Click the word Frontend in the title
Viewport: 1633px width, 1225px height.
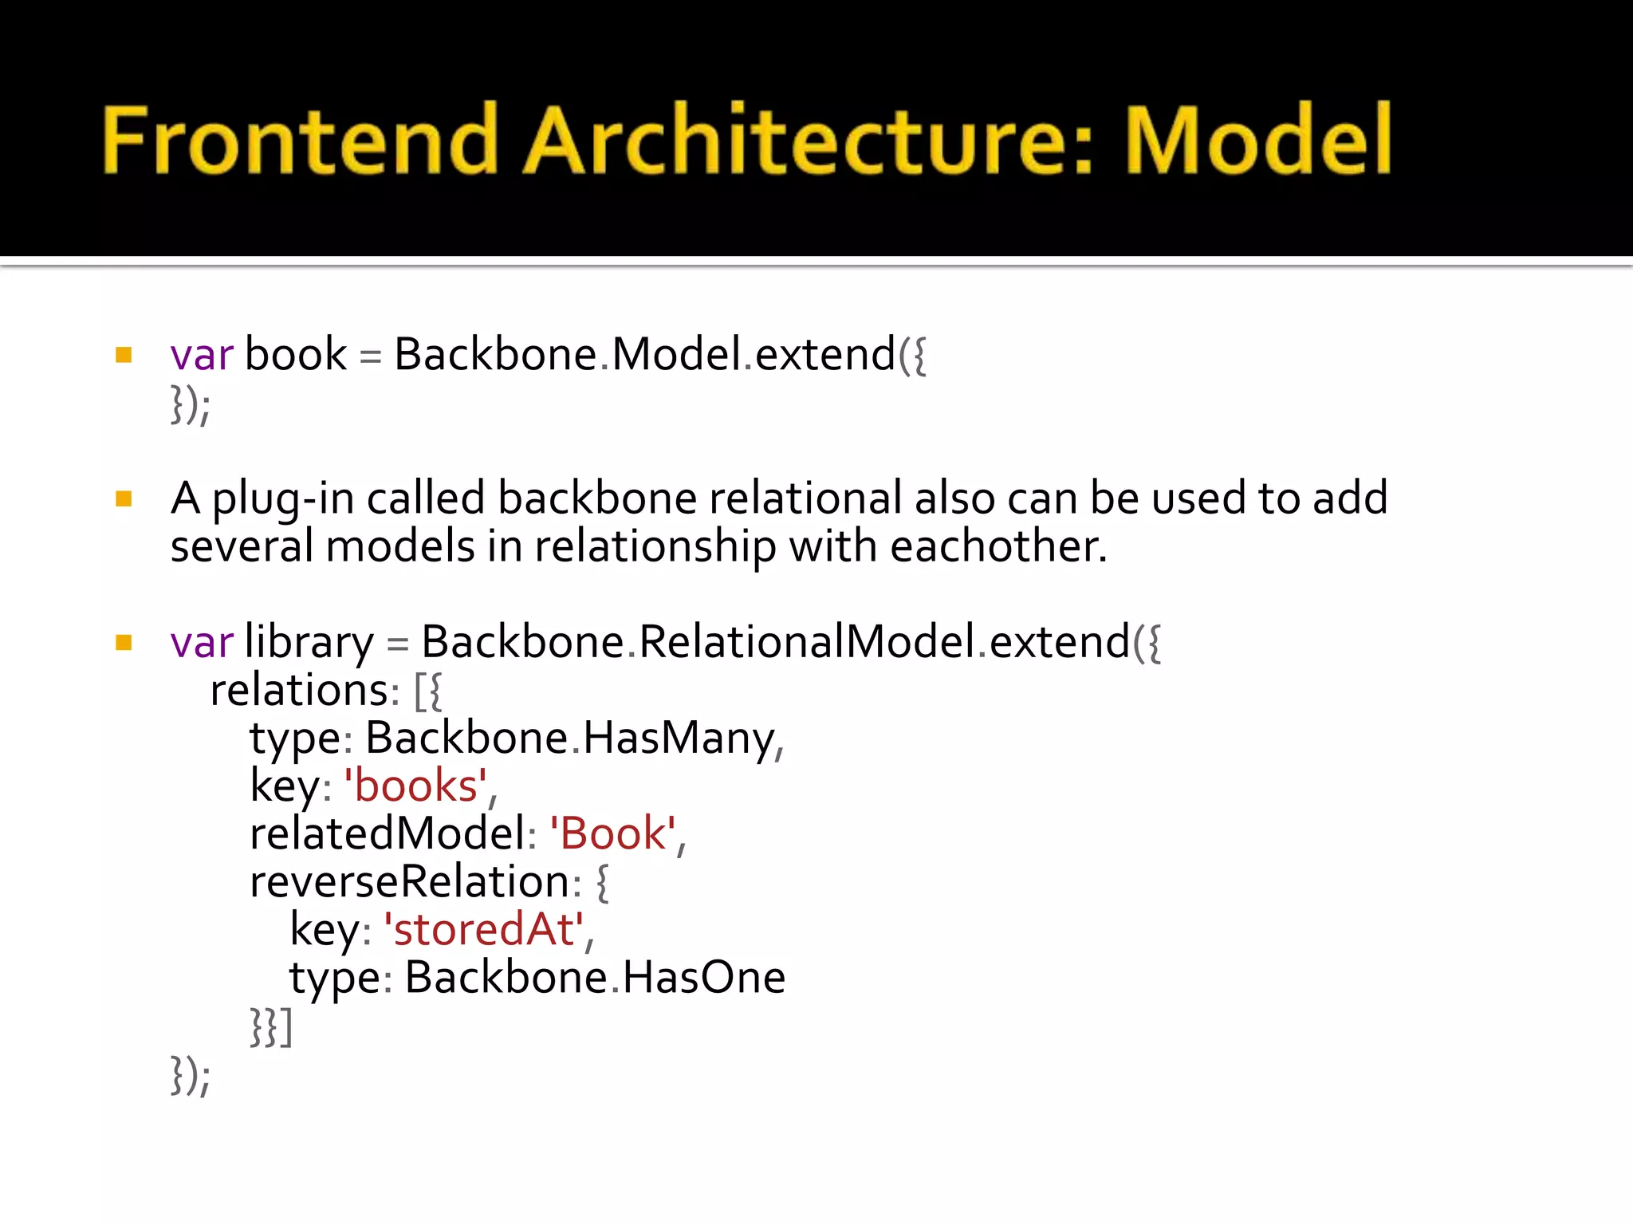[x=300, y=140]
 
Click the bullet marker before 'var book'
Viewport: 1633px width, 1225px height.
[x=124, y=355]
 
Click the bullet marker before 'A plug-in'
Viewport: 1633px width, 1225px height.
[x=124, y=499]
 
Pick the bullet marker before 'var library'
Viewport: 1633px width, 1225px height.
[x=124, y=643]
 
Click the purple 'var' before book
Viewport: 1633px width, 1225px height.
[x=202, y=355]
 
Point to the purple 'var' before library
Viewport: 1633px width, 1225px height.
[x=202, y=643]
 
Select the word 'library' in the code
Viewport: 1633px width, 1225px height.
[x=309, y=643]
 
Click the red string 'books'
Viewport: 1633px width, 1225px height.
[x=415, y=786]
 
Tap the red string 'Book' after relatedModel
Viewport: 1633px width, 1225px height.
[x=612, y=834]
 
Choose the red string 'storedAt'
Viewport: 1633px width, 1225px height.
[x=484, y=930]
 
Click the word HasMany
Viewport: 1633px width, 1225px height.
[x=679, y=739]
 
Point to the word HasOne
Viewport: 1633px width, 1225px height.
[x=703, y=978]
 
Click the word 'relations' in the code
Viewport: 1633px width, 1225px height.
[x=299, y=691]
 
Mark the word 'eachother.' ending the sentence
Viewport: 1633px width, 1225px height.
[x=998, y=547]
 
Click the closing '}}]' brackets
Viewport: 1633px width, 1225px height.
[x=271, y=1027]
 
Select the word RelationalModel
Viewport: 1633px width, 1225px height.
[x=807, y=643]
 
